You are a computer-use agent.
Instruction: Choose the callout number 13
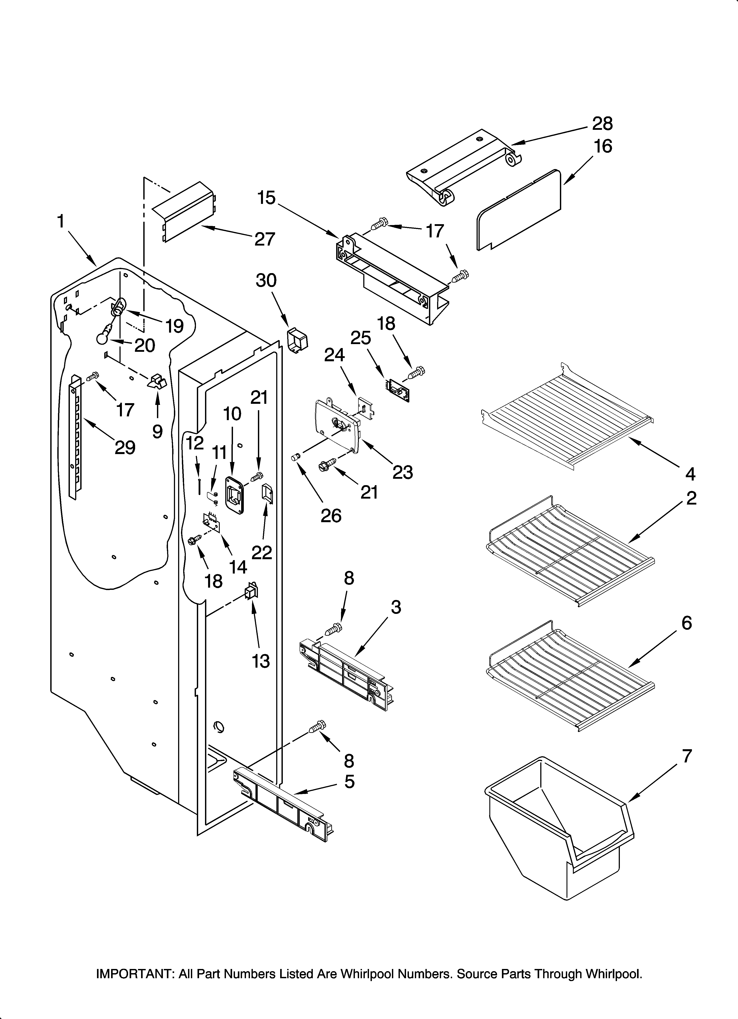(x=261, y=661)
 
